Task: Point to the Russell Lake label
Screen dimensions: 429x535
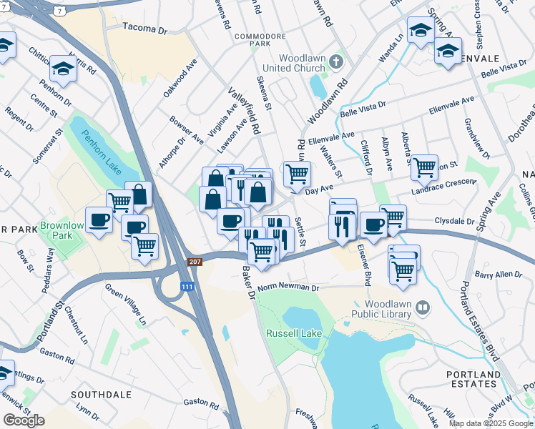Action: pos(293,334)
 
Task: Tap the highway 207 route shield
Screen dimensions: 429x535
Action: pos(195,262)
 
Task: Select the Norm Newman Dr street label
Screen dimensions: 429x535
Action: pos(288,287)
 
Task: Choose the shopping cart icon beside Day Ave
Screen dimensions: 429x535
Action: pos(297,172)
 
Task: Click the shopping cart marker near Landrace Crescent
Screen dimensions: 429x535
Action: pos(425,167)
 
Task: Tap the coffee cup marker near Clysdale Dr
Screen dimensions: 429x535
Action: pos(373,225)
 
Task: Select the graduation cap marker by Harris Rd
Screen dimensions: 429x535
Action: pos(63,67)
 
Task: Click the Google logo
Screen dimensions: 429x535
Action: pos(24,420)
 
